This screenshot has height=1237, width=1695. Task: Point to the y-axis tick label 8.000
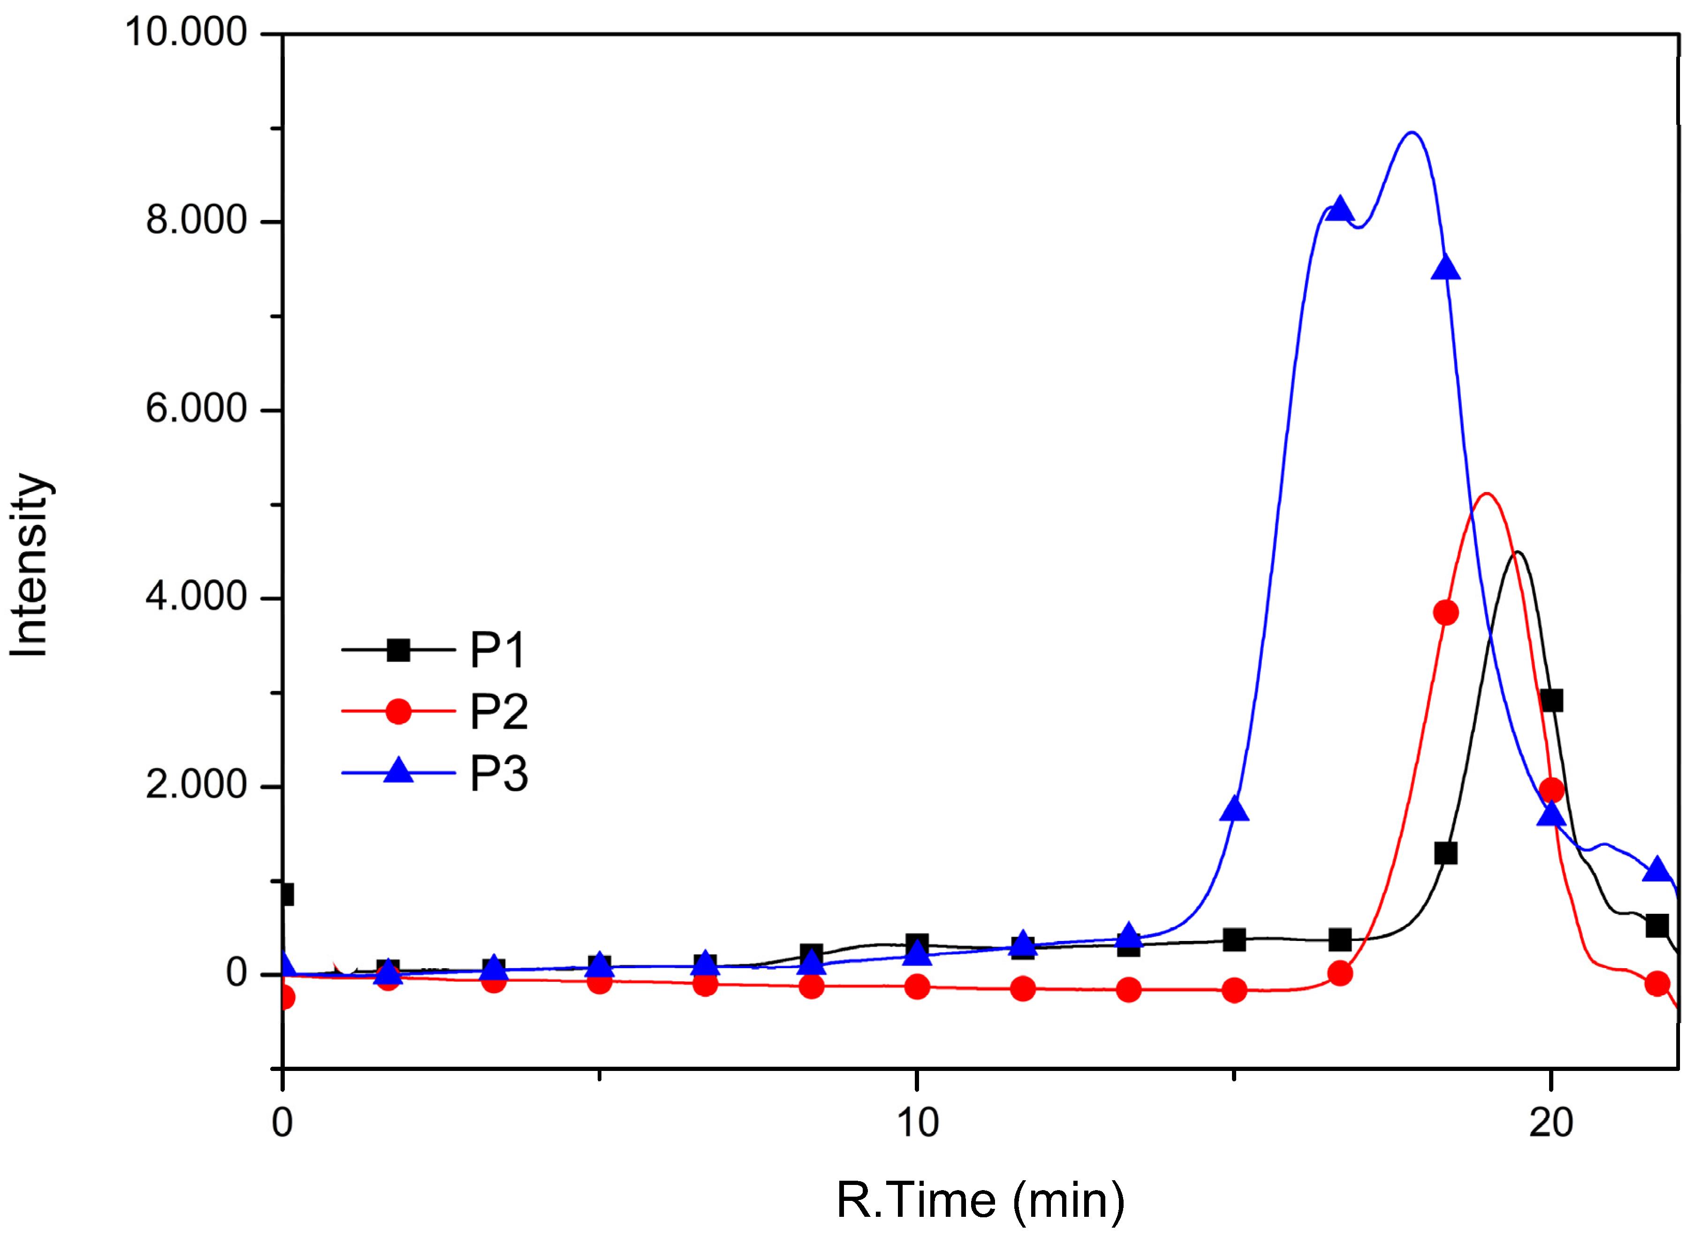(x=196, y=221)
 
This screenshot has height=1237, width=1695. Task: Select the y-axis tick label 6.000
(x=196, y=410)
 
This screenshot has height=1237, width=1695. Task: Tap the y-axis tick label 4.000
(x=196, y=598)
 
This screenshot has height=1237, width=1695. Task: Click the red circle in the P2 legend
(x=398, y=711)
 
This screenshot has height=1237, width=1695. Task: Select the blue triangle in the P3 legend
(x=398, y=771)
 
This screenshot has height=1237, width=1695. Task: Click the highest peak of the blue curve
(x=1411, y=133)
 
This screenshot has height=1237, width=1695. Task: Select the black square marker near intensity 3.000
(x=1551, y=701)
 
